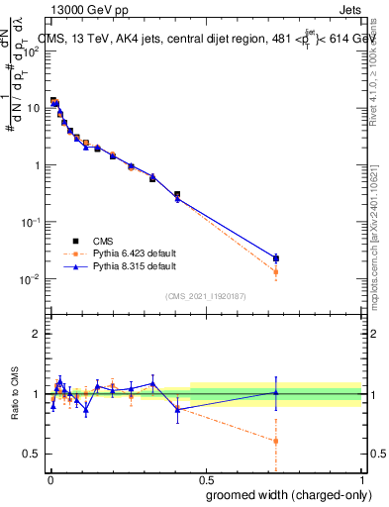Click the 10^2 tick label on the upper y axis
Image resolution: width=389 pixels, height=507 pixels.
pyautogui.click(x=34, y=51)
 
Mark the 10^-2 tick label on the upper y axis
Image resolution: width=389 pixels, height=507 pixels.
pyautogui.click(x=34, y=279)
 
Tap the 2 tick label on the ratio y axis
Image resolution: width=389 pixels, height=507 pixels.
pyautogui.click(x=38, y=334)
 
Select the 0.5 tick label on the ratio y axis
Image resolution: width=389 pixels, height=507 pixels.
pyautogui.click(x=34, y=454)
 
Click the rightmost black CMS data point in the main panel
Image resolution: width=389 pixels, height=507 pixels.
pyautogui.click(x=276, y=257)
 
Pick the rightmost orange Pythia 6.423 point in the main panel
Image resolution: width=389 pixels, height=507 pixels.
pyautogui.click(x=276, y=271)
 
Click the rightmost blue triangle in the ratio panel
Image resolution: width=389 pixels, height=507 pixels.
pyautogui.click(x=276, y=392)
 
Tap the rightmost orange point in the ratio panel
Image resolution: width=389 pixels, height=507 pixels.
pyautogui.click(x=276, y=441)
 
